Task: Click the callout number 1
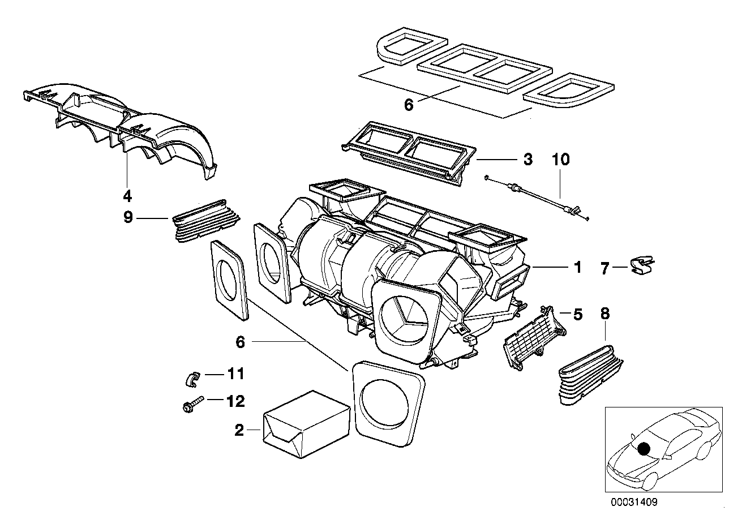coord(577,267)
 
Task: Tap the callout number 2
coord(239,431)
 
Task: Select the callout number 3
coord(527,160)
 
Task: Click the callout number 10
coord(561,160)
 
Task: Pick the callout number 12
coord(235,402)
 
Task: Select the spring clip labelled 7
coord(640,265)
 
